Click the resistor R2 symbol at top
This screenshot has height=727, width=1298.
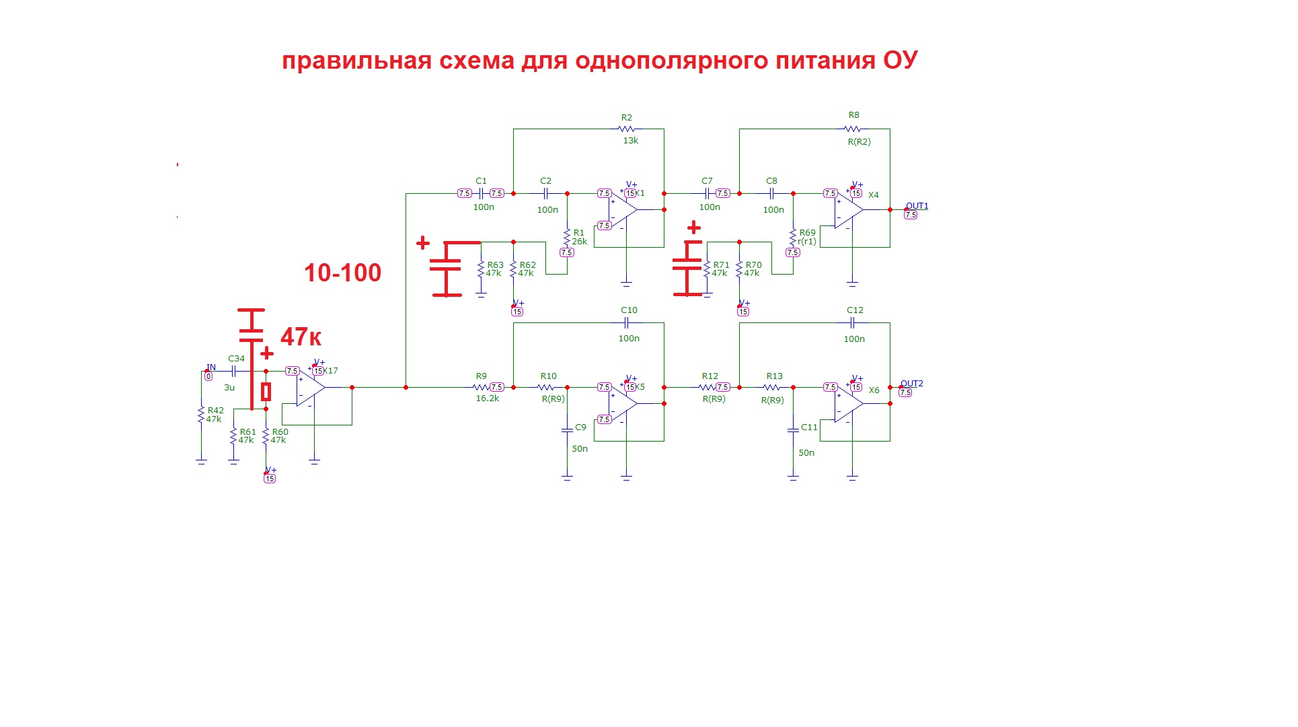(x=626, y=129)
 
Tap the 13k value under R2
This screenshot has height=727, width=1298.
(x=630, y=141)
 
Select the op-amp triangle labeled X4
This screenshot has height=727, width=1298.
(x=848, y=210)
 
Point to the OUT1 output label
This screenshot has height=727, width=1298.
(x=916, y=206)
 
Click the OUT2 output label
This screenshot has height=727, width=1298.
(x=911, y=384)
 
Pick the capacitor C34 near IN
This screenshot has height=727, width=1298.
(x=234, y=371)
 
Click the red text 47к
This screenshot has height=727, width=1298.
(x=301, y=337)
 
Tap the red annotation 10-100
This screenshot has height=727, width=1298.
(x=342, y=273)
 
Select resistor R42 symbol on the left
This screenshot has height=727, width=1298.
(x=201, y=415)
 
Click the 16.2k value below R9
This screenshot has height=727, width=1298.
(x=487, y=399)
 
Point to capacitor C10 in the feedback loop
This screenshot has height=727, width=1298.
(x=627, y=323)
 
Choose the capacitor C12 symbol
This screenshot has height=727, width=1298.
(x=853, y=323)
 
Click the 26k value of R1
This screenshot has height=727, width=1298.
(x=579, y=242)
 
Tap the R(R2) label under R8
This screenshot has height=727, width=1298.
(x=859, y=142)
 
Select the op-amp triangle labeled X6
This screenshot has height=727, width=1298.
(x=848, y=404)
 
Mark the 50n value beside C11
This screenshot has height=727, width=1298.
(x=806, y=453)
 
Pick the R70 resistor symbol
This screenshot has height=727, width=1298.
(x=739, y=269)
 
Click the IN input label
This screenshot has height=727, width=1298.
(x=211, y=368)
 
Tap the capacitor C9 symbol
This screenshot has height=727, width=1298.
(x=567, y=429)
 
